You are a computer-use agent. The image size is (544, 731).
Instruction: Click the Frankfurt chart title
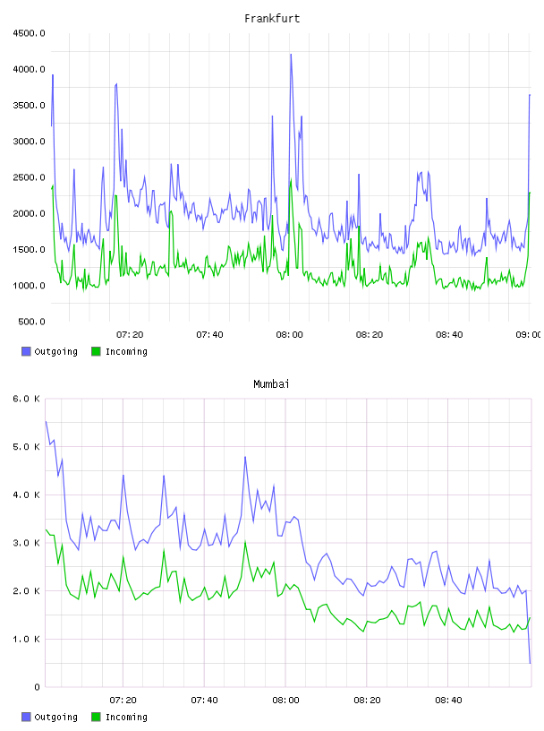pos(272,19)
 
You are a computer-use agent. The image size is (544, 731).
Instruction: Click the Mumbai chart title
pos(271,384)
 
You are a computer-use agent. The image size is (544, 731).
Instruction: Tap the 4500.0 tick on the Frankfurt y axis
pos(29,33)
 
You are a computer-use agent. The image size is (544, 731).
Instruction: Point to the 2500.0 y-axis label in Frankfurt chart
pos(29,177)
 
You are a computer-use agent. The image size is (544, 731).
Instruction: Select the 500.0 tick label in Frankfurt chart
pos(31,322)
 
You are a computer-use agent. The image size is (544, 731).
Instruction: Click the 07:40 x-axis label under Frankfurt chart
pos(209,335)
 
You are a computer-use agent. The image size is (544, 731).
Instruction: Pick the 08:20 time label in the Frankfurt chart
pos(370,335)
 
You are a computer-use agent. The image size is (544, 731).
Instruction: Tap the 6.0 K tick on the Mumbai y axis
pos(26,399)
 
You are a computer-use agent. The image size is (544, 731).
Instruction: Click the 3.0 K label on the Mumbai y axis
pos(26,543)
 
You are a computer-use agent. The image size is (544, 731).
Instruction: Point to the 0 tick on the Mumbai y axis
pos(37,687)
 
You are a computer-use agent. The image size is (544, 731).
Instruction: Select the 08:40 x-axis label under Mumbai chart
pos(448,701)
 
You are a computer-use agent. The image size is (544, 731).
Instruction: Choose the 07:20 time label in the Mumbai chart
pos(123,701)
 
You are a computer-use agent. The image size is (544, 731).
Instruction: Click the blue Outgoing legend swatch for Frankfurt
pos(26,351)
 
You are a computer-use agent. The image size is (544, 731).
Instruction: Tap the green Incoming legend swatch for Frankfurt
pos(96,351)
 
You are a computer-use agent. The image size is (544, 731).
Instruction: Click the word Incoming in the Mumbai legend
pos(126,717)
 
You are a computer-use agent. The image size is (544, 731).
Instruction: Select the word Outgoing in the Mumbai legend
pos(55,717)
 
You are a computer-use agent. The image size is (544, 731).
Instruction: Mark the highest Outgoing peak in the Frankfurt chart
pos(291,55)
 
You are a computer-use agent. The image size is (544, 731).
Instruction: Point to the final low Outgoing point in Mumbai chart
pos(530,663)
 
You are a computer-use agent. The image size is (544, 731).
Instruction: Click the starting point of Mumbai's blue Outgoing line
pos(46,421)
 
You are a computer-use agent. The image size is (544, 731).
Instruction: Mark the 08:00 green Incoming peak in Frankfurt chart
pos(291,179)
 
